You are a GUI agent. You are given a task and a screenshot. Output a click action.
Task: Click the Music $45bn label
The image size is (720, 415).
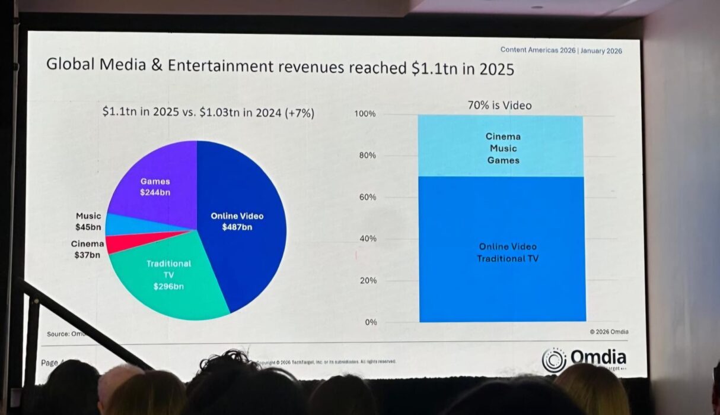click(x=88, y=221)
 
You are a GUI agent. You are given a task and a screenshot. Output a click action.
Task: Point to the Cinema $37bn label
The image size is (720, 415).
click(x=88, y=249)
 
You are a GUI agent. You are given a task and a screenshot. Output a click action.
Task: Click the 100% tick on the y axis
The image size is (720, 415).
click(x=365, y=114)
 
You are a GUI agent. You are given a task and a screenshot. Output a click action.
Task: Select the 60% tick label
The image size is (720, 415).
click(x=367, y=197)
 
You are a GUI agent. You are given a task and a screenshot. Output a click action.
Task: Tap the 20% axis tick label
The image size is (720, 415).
click(x=367, y=280)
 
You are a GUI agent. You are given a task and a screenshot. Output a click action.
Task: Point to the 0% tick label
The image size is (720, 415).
click(x=370, y=322)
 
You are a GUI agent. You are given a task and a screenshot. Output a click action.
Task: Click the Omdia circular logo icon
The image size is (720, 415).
click(x=554, y=360)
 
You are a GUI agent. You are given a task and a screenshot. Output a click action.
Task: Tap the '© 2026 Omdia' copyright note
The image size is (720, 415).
click(x=609, y=331)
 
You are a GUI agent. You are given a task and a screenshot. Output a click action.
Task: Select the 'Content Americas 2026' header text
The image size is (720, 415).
click(x=538, y=50)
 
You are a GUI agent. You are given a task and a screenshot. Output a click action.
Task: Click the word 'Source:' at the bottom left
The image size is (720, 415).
click(x=58, y=334)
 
